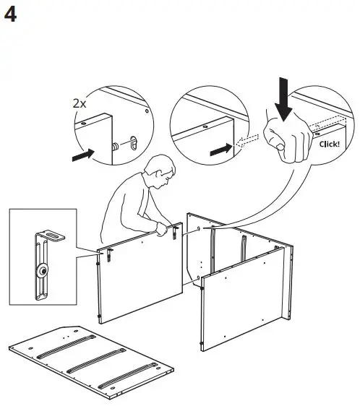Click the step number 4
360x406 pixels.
tap(12, 15)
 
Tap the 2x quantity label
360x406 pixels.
tap(80, 103)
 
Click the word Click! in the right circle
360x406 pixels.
tap(328, 144)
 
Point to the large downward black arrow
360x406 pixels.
tap(283, 98)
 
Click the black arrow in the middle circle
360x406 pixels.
tap(220, 149)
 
